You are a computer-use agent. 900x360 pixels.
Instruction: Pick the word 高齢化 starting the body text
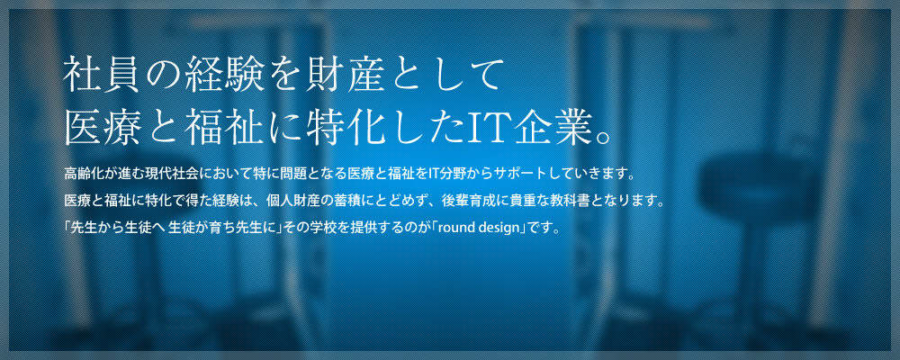(83, 172)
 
